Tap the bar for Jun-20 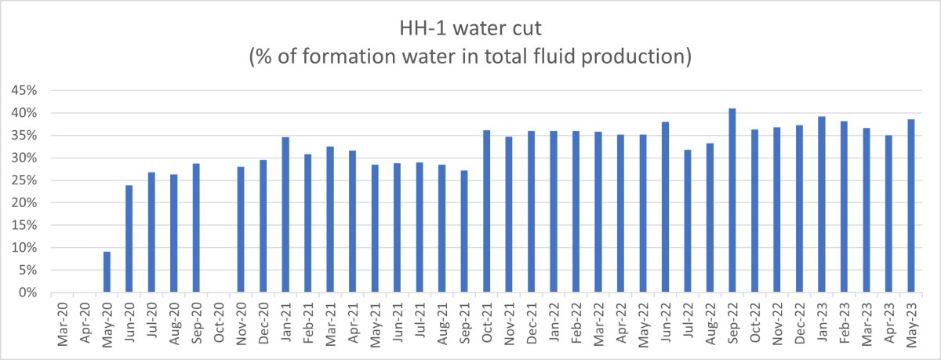click(x=129, y=239)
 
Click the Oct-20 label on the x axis click(x=220, y=322)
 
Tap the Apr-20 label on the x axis click(x=85, y=322)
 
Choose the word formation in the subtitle click(x=368, y=58)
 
